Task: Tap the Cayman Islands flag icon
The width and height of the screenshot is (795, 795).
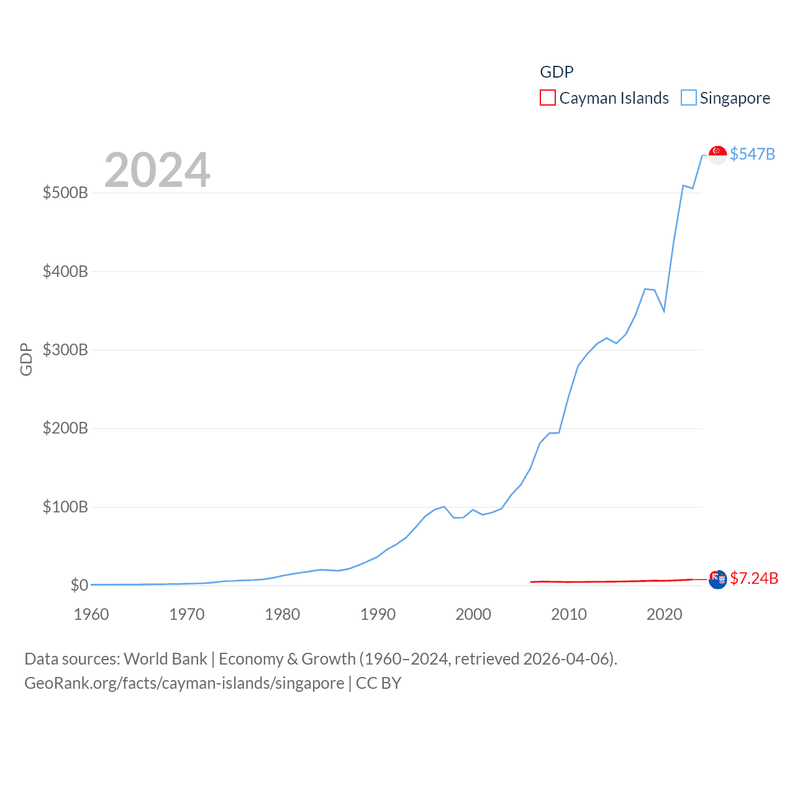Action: point(717,579)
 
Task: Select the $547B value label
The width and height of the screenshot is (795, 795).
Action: point(752,154)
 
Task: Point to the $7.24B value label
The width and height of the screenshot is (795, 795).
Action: point(754,579)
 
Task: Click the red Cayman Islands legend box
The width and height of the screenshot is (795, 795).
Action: point(547,98)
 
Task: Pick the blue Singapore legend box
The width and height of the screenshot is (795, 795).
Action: point(688,98)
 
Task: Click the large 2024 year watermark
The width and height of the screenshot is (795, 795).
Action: point(157,170)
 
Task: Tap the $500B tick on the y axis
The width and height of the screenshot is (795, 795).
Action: point(65,193)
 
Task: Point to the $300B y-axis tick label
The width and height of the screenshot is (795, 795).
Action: point(65,350)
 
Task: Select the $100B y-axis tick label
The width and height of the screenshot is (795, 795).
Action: point(65,507)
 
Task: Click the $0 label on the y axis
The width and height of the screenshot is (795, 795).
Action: point(79,585)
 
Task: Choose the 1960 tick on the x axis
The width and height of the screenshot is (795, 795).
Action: point(91,614)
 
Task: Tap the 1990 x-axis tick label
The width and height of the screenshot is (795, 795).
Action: point(378,614)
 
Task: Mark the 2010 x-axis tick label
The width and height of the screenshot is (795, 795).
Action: point(569,614)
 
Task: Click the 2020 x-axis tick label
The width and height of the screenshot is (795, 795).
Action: point(665,614)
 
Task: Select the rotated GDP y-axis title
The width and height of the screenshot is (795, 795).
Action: point(26,359)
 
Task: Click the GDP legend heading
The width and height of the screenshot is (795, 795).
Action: point(556,72)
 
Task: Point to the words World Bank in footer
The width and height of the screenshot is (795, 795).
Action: point(165,659)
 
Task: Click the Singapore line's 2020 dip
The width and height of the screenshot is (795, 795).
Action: point(664,311)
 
